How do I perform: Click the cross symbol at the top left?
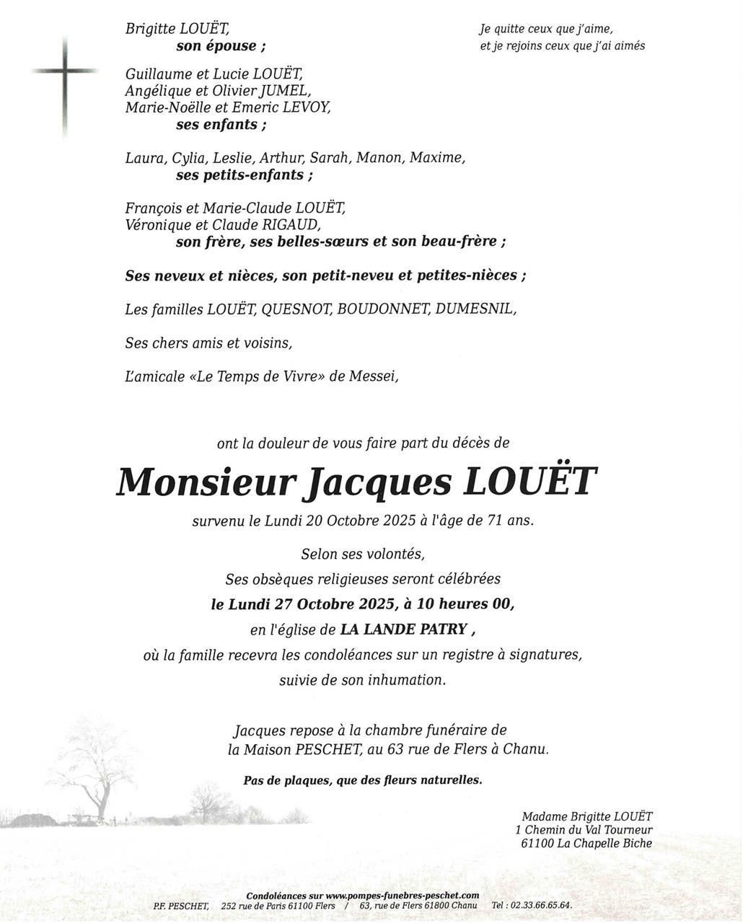pos(65,72)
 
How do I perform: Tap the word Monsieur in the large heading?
pos(206,482)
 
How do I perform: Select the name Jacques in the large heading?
pos(379,482)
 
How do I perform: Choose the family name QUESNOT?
pos(295,309)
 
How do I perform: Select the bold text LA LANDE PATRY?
pos(404,630)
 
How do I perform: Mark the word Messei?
pos(374,376)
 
